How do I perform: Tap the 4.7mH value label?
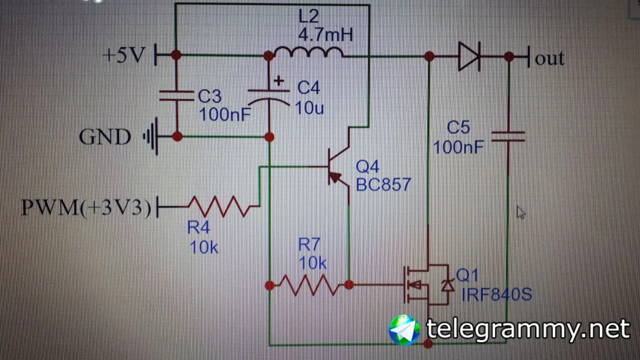pyautogui.click(x=325, y=35)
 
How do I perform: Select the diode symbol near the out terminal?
pyautogui.click(x=469, y=56)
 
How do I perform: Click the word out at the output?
pyautogui.click(x=549, y=58)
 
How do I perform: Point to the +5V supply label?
pyautogui.click(x=123, y=55)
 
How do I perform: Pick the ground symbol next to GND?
pyautogui.click(x=151, y=136)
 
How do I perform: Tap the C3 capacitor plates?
pyautogui.click(x=176, y=96)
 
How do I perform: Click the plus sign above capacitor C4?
pyautogui.click(x=278, y=80)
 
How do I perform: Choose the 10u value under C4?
pyautogui.click(x=309, y=107)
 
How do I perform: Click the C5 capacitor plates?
pyautogui.click(x=508, y=136)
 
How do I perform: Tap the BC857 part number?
pyautogui.click(x=383, y=184)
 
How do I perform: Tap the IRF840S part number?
pyautogui.click(x=496, y=294)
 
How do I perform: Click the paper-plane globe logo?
pyautogui.click(x=404, y=329)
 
